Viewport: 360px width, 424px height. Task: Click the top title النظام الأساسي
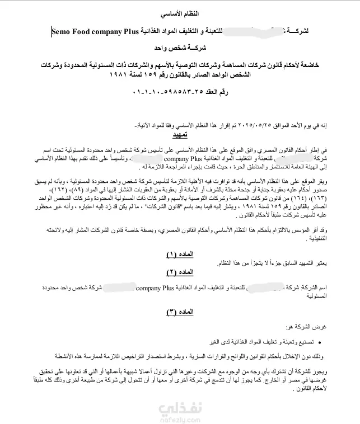pyautogui.click(x=179, y=12)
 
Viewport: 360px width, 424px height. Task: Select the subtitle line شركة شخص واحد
pyautogui.click(x=180, y=48)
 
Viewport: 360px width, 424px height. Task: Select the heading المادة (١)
pyautogui.click(x=180, y=253)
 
